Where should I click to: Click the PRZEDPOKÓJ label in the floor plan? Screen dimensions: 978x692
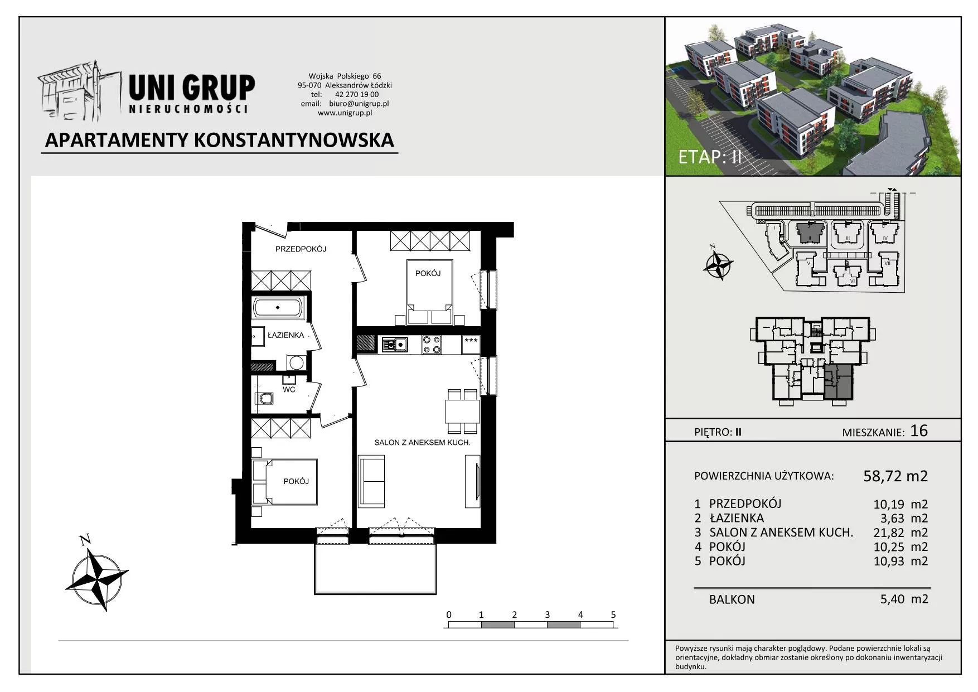coord(301,249)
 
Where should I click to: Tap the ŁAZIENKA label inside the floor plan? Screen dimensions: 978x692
coord(285,335)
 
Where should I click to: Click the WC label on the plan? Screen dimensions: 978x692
coord(289,389)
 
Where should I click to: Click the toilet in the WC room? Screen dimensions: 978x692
coord(264,398)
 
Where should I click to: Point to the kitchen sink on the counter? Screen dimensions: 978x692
coord(395,345)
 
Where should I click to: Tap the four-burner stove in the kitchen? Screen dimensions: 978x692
coord(432,345)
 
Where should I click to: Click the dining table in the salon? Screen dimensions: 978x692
coord(462,412)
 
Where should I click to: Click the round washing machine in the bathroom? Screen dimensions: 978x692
coord(296,363)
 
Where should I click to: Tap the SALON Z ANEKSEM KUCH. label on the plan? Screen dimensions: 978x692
coord(422,443)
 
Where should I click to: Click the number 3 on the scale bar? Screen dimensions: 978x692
coord(547,614)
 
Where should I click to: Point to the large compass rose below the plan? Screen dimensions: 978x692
coord(97,575)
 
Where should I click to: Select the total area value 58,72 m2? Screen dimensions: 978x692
coord(895,476)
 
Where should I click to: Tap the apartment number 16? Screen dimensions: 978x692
coord(919,430)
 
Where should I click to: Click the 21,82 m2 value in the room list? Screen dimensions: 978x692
coord(900,533)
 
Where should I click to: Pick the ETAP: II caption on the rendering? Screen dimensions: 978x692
coord(710,157)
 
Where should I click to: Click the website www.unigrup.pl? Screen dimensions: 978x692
coord(345,113)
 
